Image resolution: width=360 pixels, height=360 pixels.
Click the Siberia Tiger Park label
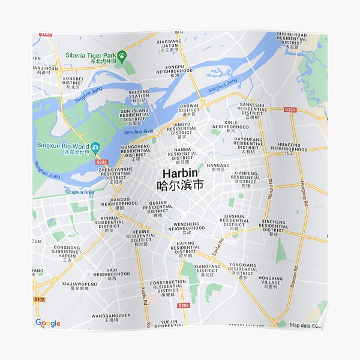(x=90, y=55)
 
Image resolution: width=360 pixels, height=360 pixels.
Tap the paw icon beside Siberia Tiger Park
(x=122, y=55)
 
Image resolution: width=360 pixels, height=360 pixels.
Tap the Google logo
(x=48, y=323)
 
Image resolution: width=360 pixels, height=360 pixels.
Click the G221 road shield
(x=290, y=110)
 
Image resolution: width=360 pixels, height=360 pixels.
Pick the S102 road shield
(x=40, y=298)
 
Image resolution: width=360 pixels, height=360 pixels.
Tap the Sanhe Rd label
(x=217, y=247)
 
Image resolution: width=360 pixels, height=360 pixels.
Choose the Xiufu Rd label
(x=144, y=293)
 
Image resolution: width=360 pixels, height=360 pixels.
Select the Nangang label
(x=218, y=166)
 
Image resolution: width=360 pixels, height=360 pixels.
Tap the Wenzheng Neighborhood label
(x=187, y=226)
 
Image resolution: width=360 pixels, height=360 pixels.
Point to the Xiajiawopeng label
(x=79, y=285)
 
